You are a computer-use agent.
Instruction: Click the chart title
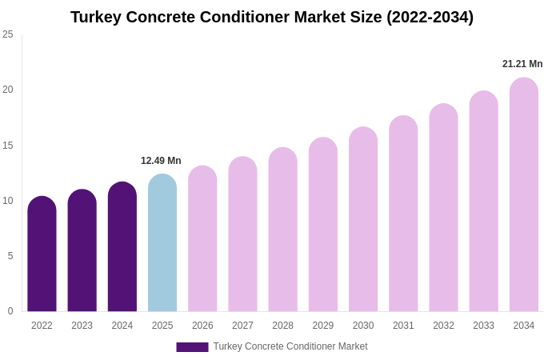point(272,17)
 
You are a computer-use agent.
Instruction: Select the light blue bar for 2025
point(162,244)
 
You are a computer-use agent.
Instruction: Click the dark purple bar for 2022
point(42,254)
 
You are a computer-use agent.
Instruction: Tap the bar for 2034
point(523,196)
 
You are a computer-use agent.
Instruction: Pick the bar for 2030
point(363,220)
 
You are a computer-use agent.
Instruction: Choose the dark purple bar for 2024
point(122,247)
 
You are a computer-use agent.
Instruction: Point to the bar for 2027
point(242,234)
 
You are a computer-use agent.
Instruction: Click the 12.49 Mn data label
point(161,161)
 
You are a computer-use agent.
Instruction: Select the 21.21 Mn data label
point(522,64)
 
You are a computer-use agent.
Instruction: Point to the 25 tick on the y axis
point(8,34)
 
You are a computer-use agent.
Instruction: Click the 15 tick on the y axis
point(8,146)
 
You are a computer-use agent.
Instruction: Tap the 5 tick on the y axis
point(10,256)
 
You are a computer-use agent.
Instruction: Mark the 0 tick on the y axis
point(10,311)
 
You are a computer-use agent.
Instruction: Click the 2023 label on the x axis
point(82,326)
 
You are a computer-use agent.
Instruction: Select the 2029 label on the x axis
point(323,326)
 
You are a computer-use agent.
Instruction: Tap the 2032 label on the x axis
point(443,326)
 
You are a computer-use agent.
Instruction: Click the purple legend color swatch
point(192,347)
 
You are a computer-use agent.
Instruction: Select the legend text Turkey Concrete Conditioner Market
point(290,346)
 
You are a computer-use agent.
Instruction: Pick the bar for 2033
point(483,202)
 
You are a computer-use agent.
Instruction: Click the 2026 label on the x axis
point(202,326)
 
